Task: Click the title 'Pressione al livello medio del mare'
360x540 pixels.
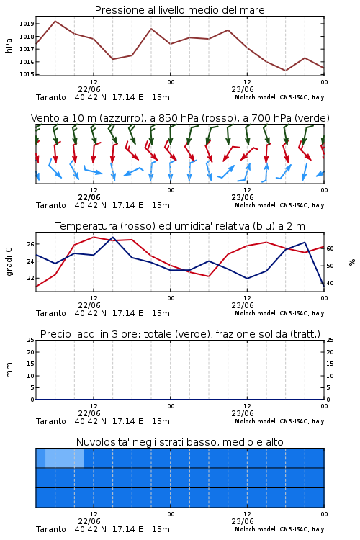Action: coord(179,10)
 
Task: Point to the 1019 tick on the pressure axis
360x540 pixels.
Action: coord(26,24)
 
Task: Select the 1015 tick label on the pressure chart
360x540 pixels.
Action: coord(26,74)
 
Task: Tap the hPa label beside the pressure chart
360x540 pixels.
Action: coord(9,45)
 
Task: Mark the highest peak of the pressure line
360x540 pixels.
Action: coord(55,21)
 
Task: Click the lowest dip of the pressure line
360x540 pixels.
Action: coord(285,71)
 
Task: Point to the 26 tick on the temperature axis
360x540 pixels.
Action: coord(30,244)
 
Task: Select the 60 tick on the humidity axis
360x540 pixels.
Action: coord(330,248)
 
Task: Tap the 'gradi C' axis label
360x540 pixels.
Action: coord(9,261)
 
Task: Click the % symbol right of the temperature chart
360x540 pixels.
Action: coord(352,262)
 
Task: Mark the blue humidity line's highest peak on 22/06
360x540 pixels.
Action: coord(112,238)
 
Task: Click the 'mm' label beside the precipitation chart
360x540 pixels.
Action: coord(9,370)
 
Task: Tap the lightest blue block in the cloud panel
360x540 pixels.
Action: coord(64,458)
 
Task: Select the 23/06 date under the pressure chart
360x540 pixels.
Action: coord(243,89)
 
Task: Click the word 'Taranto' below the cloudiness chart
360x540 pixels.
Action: coord(51,529)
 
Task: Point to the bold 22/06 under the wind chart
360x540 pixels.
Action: coord(89,198)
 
